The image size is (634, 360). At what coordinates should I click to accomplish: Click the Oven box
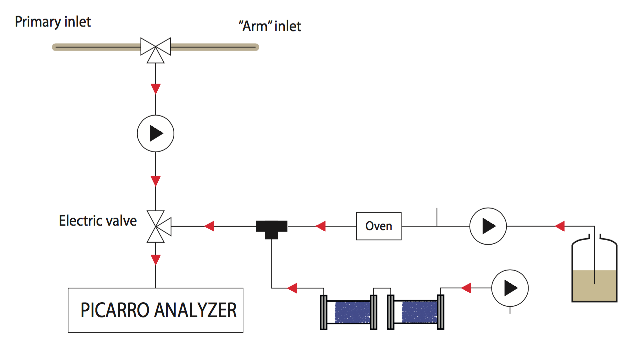point(378,226)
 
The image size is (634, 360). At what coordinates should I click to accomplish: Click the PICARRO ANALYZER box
point(155,310)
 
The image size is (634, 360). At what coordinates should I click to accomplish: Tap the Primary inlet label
point(53,22)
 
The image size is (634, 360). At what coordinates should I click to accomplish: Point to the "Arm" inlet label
point(270,26)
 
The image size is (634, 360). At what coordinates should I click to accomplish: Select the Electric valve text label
point(98,221)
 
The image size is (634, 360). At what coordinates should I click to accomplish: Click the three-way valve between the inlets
point(155,48)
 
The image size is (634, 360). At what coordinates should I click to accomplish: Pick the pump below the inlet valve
point(155,133)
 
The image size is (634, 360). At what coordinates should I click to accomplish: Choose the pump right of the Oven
point(488,226)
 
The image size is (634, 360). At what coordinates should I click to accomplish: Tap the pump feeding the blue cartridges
point(510,288)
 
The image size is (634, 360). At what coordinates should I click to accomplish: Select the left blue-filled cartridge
point(349,312)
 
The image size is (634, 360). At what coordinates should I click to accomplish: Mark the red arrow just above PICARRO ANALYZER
point(156,260)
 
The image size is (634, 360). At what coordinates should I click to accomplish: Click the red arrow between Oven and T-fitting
point(321,226)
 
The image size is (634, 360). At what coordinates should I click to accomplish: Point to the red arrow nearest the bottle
point(560,226)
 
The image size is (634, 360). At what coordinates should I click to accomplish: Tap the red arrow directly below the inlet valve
point(156,89)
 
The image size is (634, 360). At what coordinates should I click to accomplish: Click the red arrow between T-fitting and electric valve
point(209,226)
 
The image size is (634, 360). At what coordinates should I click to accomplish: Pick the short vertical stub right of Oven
point(437,217)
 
